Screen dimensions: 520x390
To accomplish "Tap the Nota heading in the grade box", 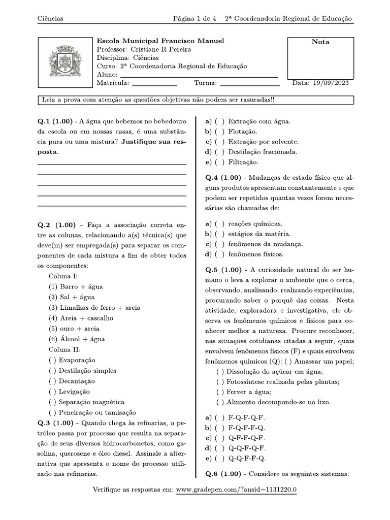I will click(320, 42).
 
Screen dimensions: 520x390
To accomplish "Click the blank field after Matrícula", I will click(154, 84).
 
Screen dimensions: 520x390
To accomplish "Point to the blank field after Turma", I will click(250, 84).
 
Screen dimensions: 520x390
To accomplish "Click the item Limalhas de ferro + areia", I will click(94, 308).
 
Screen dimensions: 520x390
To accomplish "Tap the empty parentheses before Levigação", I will click(52, 392).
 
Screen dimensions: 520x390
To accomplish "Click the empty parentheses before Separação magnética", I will click(52, 402).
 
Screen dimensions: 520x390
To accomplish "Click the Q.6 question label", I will click(214, 474).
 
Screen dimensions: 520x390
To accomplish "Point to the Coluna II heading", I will click(64, 349).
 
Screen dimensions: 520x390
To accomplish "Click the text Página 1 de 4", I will click(194, 19).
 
